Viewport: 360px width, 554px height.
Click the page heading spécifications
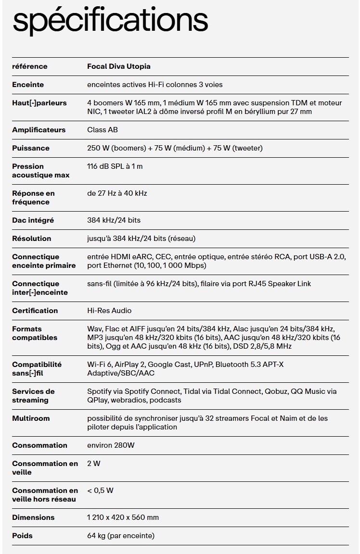(110, 20)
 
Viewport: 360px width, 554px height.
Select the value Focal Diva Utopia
(119, 66)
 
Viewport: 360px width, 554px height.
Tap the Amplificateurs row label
(39, 130)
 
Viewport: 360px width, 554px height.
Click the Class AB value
(103, 130)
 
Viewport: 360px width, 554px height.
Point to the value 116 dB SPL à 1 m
(115, 166)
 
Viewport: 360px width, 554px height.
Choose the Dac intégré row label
(33, 220)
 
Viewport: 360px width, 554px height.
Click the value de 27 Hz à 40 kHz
(117, 193)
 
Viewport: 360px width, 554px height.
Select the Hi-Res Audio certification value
(109, 311)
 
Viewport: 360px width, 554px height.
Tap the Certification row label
(35, 311)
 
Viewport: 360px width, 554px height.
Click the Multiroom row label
(31, 418)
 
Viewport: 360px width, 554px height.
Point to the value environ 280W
(111, 445)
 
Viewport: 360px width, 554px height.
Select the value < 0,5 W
(100, 491)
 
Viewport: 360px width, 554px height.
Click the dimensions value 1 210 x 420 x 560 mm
(123, 517)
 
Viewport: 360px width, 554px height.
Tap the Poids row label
(23, 536)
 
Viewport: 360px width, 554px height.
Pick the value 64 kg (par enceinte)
(121, 536)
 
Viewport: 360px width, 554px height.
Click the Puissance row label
(31, 148)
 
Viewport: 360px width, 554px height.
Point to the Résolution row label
(31, 239)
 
